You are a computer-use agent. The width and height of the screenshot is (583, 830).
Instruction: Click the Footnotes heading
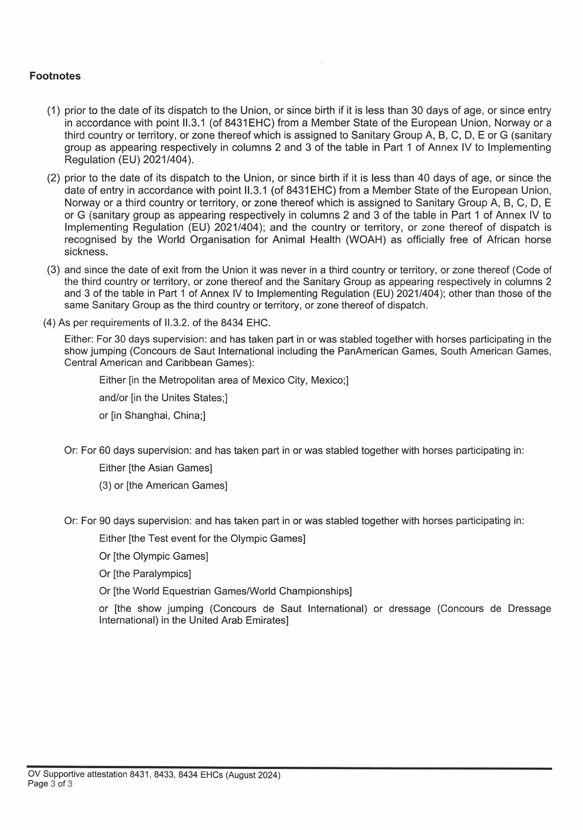[x=55, y=76]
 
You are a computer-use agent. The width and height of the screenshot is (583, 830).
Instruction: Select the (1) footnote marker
[x=53, y=111]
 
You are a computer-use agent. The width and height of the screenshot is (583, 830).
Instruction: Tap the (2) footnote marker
[x=53, y=178]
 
